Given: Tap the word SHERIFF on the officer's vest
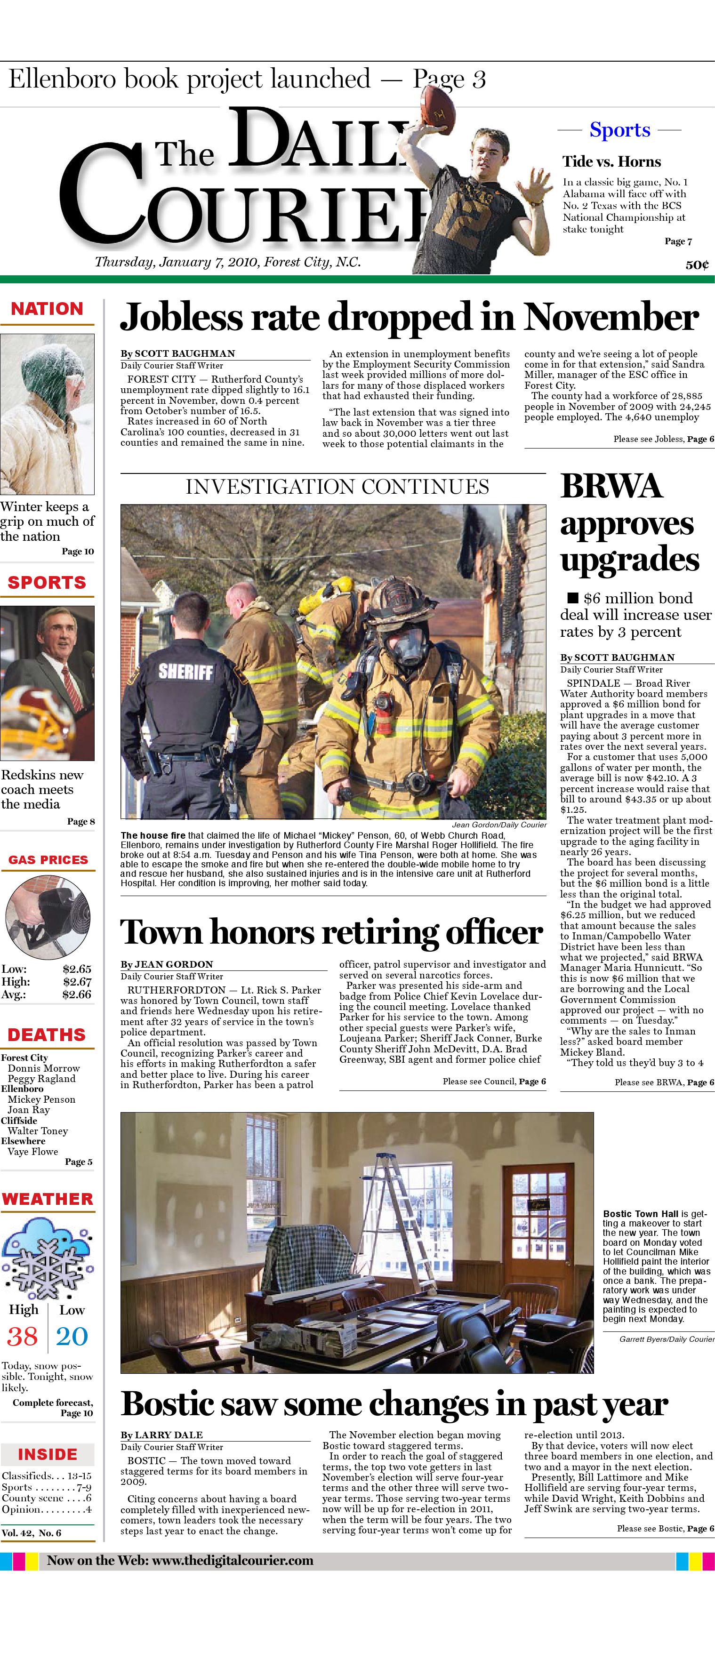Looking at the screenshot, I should pos(185,671).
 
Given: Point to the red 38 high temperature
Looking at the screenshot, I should pos(23,1336).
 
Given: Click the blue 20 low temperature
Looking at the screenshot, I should pos(72,1336).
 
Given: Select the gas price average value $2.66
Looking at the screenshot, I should pos(77,994).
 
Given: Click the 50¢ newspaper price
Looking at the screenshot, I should pos(697,264).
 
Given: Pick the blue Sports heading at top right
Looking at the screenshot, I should pos(619,130).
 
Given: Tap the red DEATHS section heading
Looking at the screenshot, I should pos(47,1034).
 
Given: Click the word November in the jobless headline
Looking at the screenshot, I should pos(611,317).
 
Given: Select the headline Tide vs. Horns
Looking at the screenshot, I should pos(611,161).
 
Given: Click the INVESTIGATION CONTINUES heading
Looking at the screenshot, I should pos(337,487).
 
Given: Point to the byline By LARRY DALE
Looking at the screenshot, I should pos(161,1435).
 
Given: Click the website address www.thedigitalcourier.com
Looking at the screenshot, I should pos(233,1561).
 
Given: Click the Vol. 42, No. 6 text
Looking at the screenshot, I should pos(32,1533).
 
